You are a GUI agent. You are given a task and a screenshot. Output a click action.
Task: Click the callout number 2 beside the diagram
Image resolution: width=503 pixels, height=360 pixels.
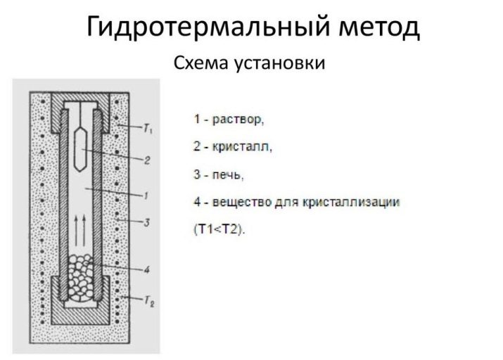[x=147, y=160]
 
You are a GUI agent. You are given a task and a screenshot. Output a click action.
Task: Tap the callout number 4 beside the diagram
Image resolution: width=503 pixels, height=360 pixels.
[x=146, y=269]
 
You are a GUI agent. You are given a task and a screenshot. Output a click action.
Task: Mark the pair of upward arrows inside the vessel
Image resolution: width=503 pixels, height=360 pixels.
[x=80, y=225]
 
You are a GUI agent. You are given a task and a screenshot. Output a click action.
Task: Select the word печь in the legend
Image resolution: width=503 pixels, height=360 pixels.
[x=227, y=174]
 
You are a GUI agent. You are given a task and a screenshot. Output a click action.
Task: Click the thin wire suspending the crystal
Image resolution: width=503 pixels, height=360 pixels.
[x=82, y=113]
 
